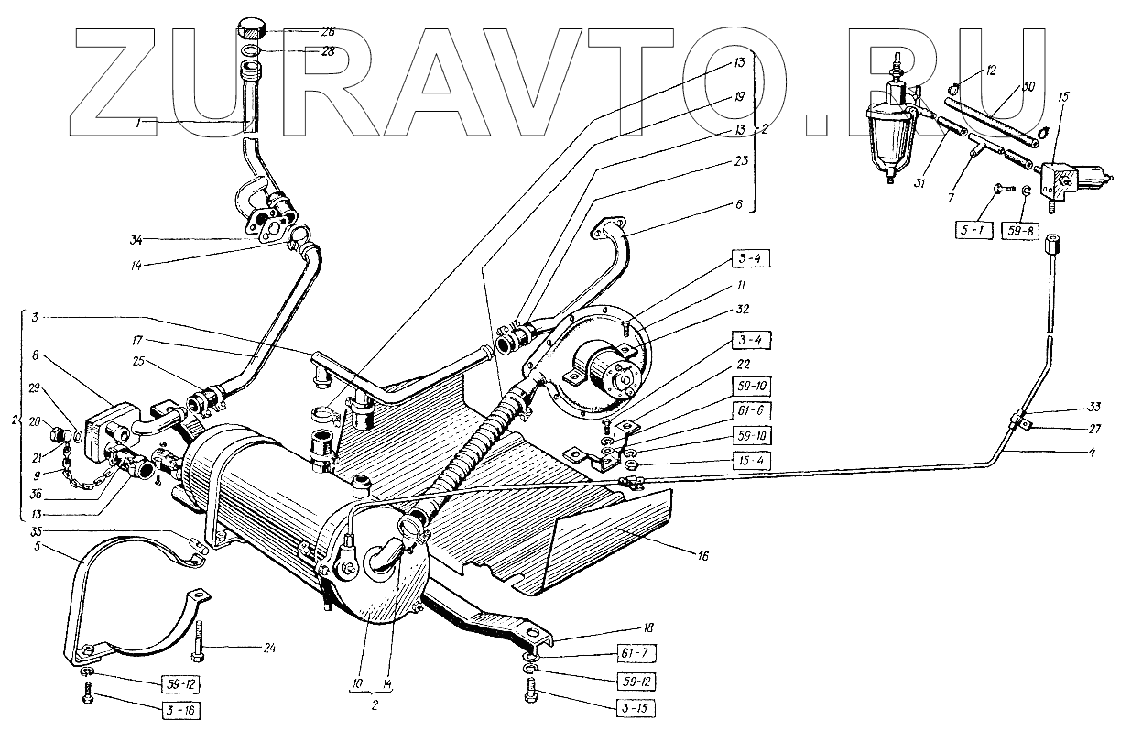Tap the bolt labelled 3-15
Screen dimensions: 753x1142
click(534, 701)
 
